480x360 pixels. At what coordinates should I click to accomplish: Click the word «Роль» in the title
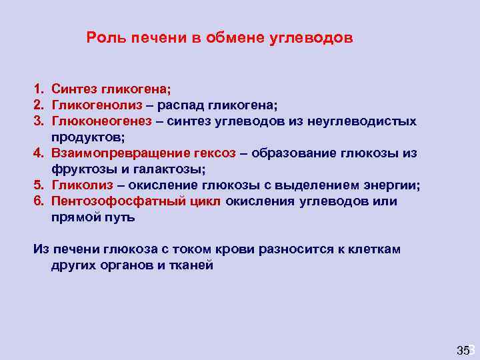tap(103, 38)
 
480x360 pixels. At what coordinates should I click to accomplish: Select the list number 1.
tap(39, 89)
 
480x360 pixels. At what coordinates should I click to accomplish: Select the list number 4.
tap(39, 153)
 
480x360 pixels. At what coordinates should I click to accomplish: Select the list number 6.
tap(39, 201)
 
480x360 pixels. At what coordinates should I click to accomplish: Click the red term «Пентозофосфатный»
tap(117, 201)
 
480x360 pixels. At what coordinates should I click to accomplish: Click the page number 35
tap(463, 350)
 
